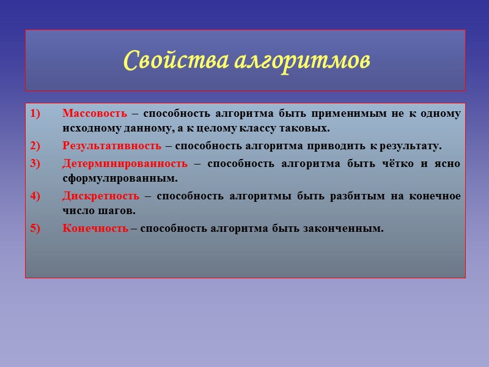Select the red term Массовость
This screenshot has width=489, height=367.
pos(95,113)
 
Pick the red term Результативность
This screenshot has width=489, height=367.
pos(112,146)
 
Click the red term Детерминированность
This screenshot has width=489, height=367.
pos(125,163)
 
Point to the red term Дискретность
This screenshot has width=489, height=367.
pos(101,196)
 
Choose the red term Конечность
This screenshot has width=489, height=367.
pos(95,229)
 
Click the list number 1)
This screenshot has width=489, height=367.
pos(34,114)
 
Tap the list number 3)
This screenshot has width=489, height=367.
pos(34,163)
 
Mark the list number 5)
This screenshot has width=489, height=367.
pos(34,229)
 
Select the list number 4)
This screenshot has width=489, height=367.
pos(34,196)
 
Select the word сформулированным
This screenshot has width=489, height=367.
pos(119,179)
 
